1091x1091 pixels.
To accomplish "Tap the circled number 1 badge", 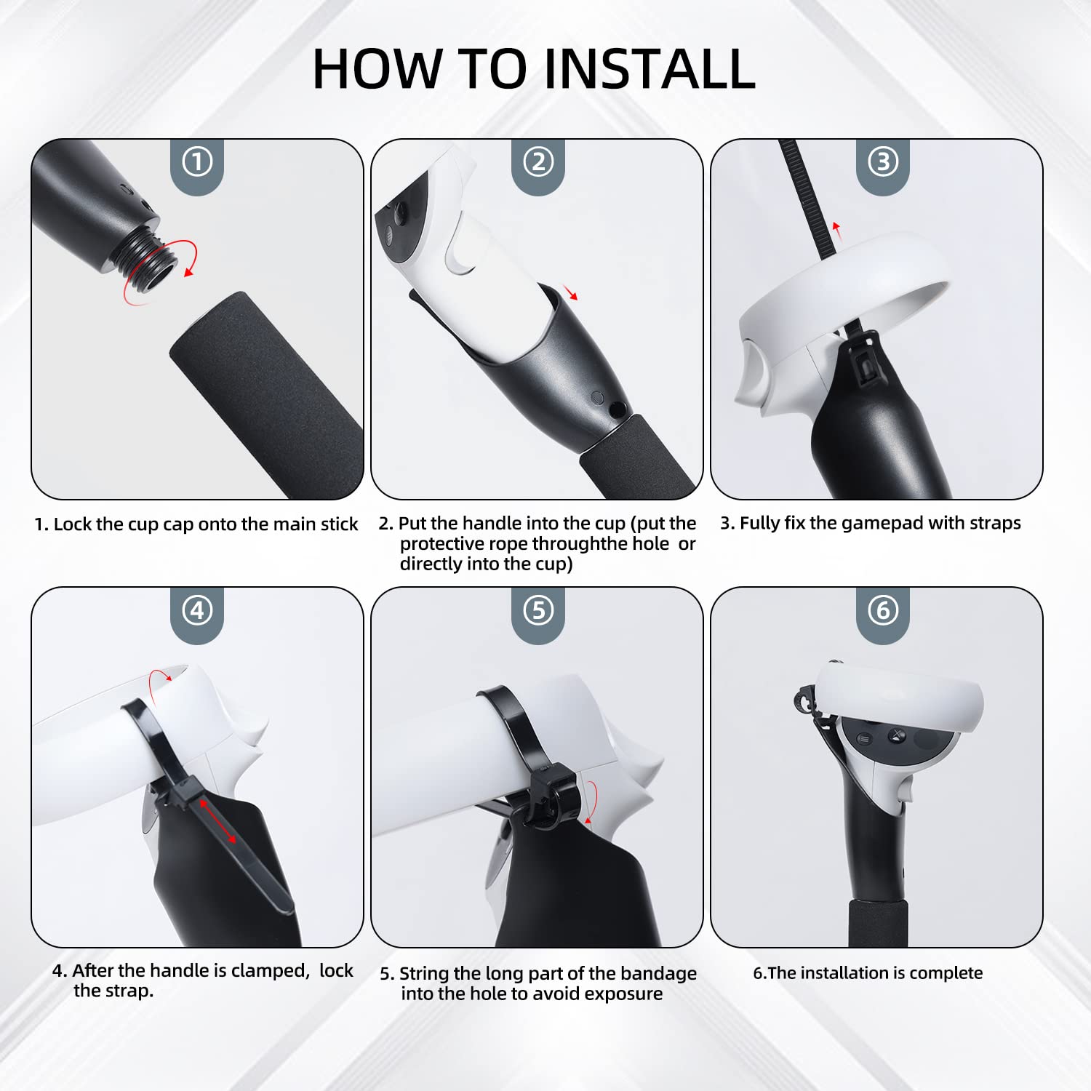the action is [x=197, y=161].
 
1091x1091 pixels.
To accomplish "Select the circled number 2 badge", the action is [x=538, y=161].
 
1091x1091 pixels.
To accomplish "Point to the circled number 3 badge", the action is [x=883, y=161].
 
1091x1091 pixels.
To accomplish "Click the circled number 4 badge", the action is [x=197, y=610].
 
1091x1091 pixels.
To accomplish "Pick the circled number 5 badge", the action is [x=538, y=610].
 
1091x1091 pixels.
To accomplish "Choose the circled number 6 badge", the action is [x=883, y=610].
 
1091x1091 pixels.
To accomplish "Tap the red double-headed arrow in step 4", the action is [x=217, y=820].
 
